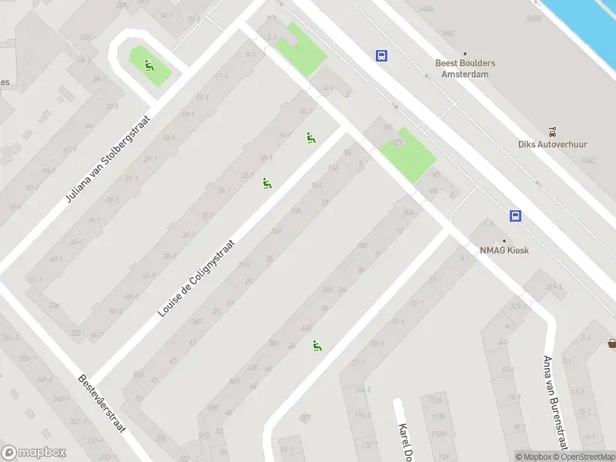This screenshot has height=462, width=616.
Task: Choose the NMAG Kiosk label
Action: [505, 250]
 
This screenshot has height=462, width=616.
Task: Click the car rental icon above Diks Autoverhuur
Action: [552, 132]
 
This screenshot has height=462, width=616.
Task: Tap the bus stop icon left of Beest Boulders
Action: [381, 55]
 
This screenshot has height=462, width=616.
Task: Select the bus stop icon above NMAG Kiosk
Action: [515, 216]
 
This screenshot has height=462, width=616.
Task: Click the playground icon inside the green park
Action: [149, 63]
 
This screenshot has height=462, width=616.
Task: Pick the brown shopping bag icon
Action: [611, 343]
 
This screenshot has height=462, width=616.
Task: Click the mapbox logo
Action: [34, 452]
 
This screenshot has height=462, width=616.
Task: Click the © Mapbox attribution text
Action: [533, 457]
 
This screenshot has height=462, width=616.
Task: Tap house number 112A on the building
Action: [437, 400]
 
